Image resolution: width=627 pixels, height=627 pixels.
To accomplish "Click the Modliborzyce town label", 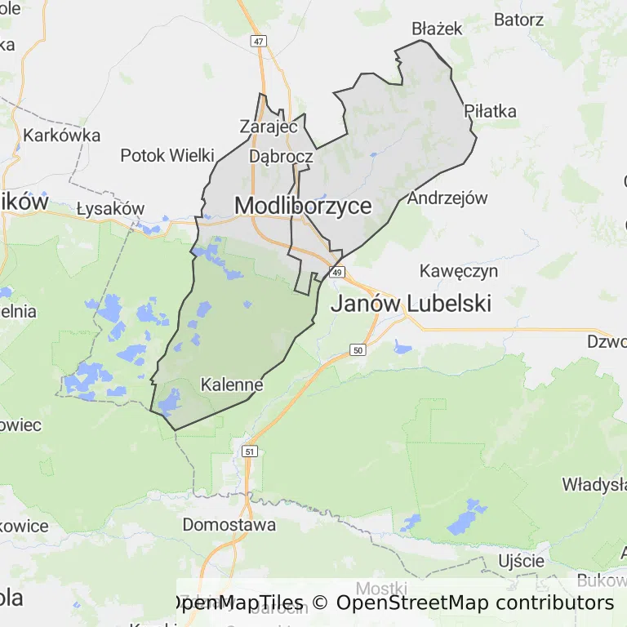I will [x=303, y=206].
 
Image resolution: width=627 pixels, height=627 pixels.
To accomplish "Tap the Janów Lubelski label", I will [x=411, y=304].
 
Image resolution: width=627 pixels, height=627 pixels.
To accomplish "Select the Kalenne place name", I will [x=232, y=384].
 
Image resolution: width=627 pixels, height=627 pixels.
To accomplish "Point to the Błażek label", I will [x=437, y=29].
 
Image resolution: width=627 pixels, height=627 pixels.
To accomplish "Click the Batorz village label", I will [x=518, y=18].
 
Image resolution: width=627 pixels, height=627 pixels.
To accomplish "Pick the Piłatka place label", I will [x=490, y=111].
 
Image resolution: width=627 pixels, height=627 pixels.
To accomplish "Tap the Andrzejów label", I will [x=447, y=198].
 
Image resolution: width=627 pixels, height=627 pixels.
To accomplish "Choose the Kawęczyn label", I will [x=459, y=270].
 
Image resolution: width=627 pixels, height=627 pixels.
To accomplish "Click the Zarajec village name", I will [x=268, y=127].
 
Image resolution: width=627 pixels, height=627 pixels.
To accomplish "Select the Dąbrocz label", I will [x=281, y=156].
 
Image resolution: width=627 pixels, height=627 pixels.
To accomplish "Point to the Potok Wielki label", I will [x=167, y=155].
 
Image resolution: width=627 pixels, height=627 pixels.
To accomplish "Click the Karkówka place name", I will [x=62, y=135].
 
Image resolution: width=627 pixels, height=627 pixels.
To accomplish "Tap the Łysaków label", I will [x=110, y=208].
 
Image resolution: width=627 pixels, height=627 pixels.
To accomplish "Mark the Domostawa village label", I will [x=229, y=524].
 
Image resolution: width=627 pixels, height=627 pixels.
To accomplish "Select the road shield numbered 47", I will [x=259, y=41].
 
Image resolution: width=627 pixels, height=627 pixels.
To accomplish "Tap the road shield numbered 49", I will [x=338, y=272].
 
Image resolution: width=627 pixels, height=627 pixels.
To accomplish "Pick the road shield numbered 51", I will [x=250, y=451].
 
